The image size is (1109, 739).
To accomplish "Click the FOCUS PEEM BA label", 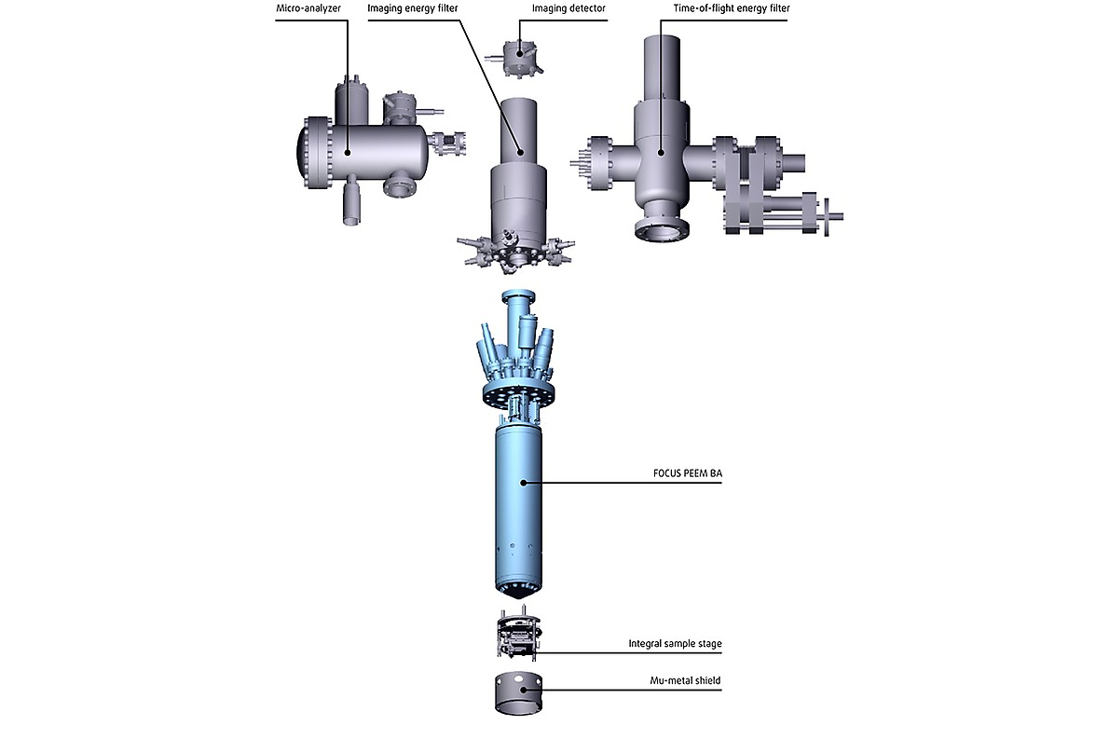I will (x=688, y=473).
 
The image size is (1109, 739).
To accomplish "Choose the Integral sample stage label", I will (x=675, y=644).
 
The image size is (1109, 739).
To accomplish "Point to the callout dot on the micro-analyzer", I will (x=348, y=152).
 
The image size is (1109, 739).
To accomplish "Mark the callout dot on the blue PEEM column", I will (x=524, y=482).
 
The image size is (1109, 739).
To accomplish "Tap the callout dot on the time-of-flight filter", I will (x=661, y=152).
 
